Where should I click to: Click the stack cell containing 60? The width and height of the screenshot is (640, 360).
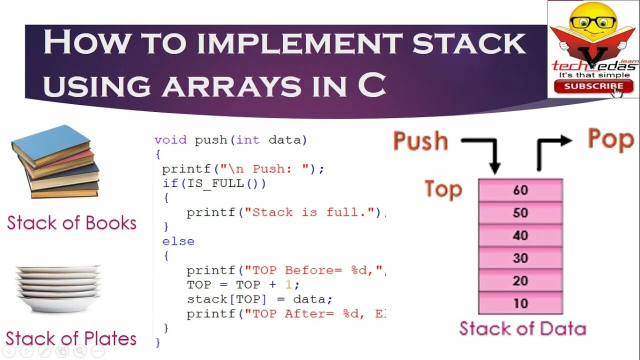coord(520,190)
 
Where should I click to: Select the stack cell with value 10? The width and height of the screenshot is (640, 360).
coord(520,303)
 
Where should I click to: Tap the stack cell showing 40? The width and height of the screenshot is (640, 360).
coord(520,235)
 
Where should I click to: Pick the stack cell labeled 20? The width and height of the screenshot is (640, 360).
coord(520,281)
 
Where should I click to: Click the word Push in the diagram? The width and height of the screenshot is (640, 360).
coord(420,141)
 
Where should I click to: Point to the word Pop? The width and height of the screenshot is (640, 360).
coord(610,139)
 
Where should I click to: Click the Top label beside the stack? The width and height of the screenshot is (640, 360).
coord(443,189)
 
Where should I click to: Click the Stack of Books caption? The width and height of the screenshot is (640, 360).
coord(71,223)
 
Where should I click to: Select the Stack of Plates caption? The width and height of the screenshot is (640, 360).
coord(71,338)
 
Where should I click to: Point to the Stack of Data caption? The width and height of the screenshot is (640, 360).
coord(522,329)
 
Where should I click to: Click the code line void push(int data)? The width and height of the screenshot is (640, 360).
coord(230,140)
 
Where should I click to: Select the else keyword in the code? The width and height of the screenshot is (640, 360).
coord(178,241)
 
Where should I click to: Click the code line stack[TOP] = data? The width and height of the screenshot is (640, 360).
coord(259,299)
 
